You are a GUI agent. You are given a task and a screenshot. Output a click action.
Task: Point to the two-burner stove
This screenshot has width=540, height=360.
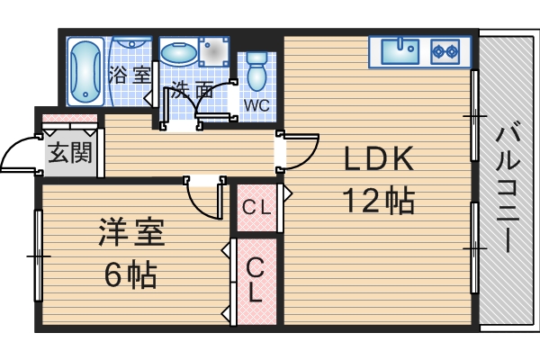click(445, 51)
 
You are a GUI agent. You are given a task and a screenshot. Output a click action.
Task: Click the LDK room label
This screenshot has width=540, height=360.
click(378, 159)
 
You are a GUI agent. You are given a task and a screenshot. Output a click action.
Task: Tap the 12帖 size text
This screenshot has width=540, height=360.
click(378, 200)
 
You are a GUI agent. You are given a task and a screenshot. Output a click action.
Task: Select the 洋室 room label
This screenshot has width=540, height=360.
click(130, 234)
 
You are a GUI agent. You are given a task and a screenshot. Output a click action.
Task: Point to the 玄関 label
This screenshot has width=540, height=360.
click(69, 153)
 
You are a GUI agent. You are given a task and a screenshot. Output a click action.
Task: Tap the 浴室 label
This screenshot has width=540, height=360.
click(130, 74)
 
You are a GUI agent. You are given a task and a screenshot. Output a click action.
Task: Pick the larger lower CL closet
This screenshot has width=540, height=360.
click(256, 280)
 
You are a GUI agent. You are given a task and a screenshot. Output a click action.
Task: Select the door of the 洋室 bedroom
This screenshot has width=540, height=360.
click(202, 196)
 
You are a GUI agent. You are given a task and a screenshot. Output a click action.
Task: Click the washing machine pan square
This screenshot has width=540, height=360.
click(215, 53)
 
